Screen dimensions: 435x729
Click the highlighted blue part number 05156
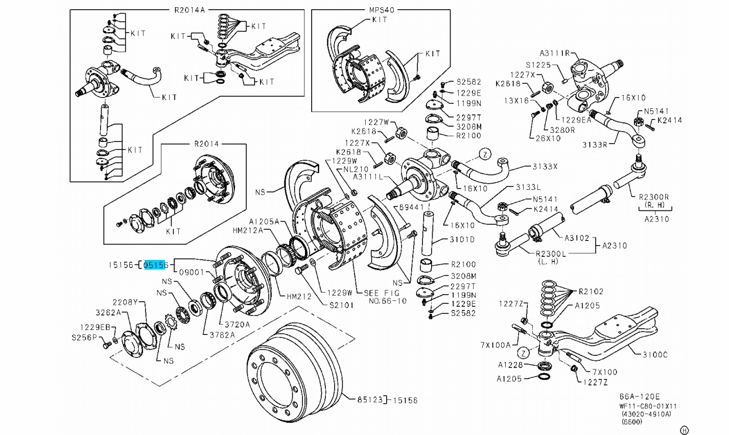[156, 265]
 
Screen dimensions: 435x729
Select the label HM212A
[248, 231]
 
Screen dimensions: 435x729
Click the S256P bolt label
[84, 337]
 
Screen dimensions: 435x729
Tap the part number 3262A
[108, 312]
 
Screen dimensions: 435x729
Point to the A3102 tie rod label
[577, 237]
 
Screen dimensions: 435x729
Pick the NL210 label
[356, 168]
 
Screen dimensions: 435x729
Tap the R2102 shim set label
[591, 292]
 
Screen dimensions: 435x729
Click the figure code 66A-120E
[640, 396]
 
